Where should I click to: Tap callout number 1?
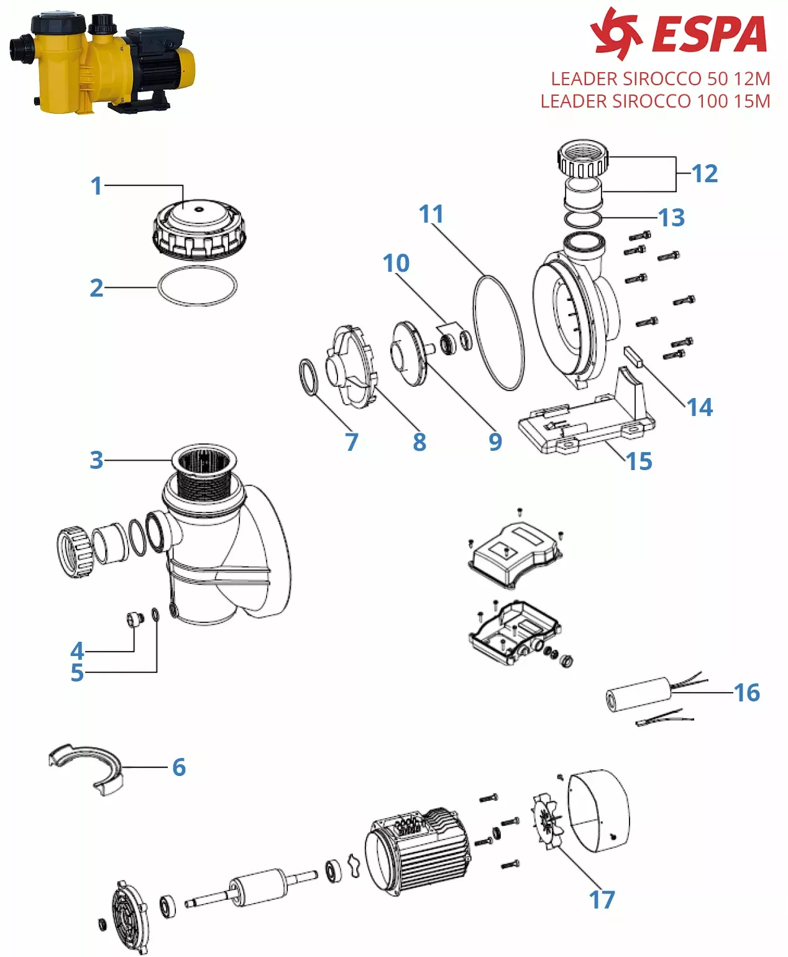click(x=96, y=185)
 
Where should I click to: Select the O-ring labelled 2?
click(x=197, y=287)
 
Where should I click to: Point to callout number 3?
click(x=96, y=460)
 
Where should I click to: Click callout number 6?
click(x=179, y=767)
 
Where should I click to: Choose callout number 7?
click(x=352, y=442)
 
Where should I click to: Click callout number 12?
click(x=704, y=173)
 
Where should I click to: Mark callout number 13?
click(x=672, y=218)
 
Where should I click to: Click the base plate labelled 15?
click(x=584, y=423)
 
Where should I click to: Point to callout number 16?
click(x=746, y=693)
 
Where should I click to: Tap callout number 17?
click(x=602, y=900)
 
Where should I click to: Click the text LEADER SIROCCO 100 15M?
click(x=655, y=101)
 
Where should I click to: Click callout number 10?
click(x=396, y=263)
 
